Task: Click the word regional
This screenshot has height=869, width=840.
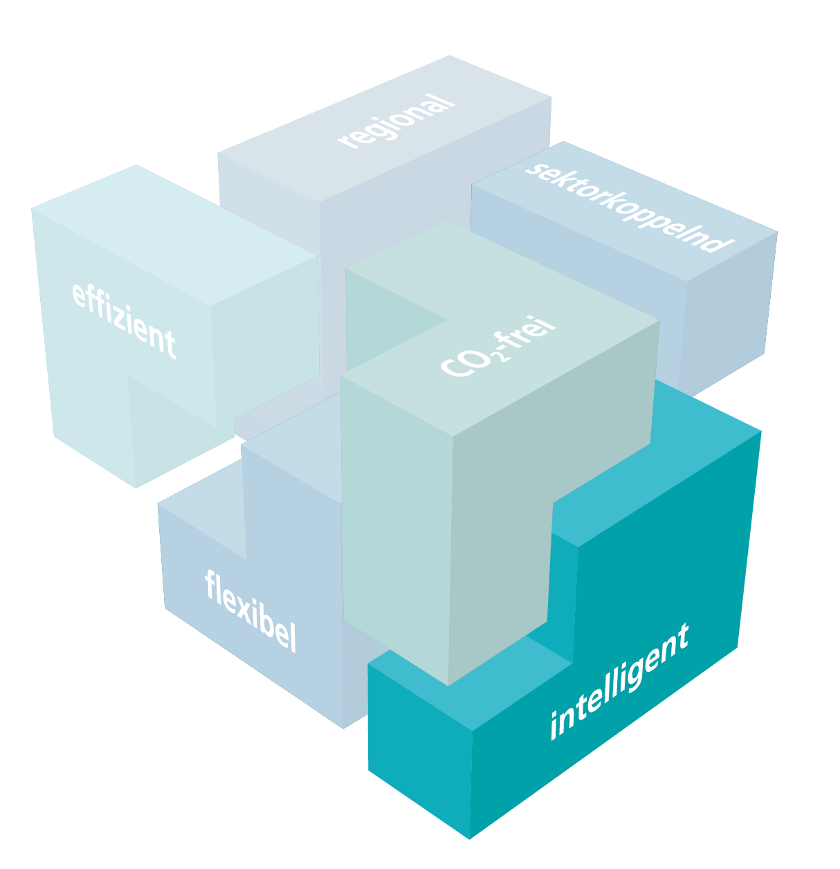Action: (x=396, y=120)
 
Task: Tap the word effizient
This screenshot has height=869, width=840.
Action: (x=124, y=320)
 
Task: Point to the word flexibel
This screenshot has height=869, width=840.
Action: (x=250, y=610)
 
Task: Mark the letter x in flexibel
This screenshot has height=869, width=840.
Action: (x=244, y=609)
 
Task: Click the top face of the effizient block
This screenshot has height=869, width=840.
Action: (x=174, y=235)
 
